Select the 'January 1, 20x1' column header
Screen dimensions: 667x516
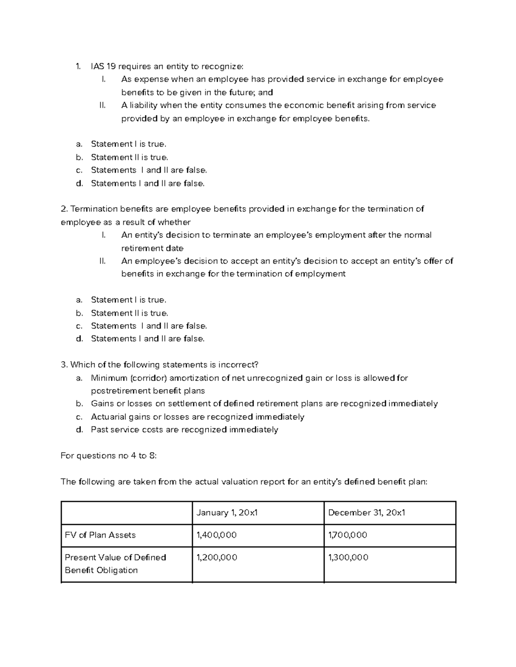[x=227, y=512]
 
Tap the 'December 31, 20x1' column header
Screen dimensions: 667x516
[x=366, y=512]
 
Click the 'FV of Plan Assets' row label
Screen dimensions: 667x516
[x=100, y=535]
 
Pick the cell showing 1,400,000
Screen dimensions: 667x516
[x=216, y=535]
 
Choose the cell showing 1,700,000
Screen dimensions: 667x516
[x=347, y=535]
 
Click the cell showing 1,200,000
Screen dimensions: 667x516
[x=217, y=557]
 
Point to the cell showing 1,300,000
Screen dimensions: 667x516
[x=348, y=557]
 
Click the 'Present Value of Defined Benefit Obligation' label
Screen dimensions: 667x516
[x=115, y=563]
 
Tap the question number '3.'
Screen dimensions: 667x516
[x=64, y=365]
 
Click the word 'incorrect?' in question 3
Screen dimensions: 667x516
[x=238, y=365]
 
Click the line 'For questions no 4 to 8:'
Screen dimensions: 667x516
[x=109, y=456]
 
